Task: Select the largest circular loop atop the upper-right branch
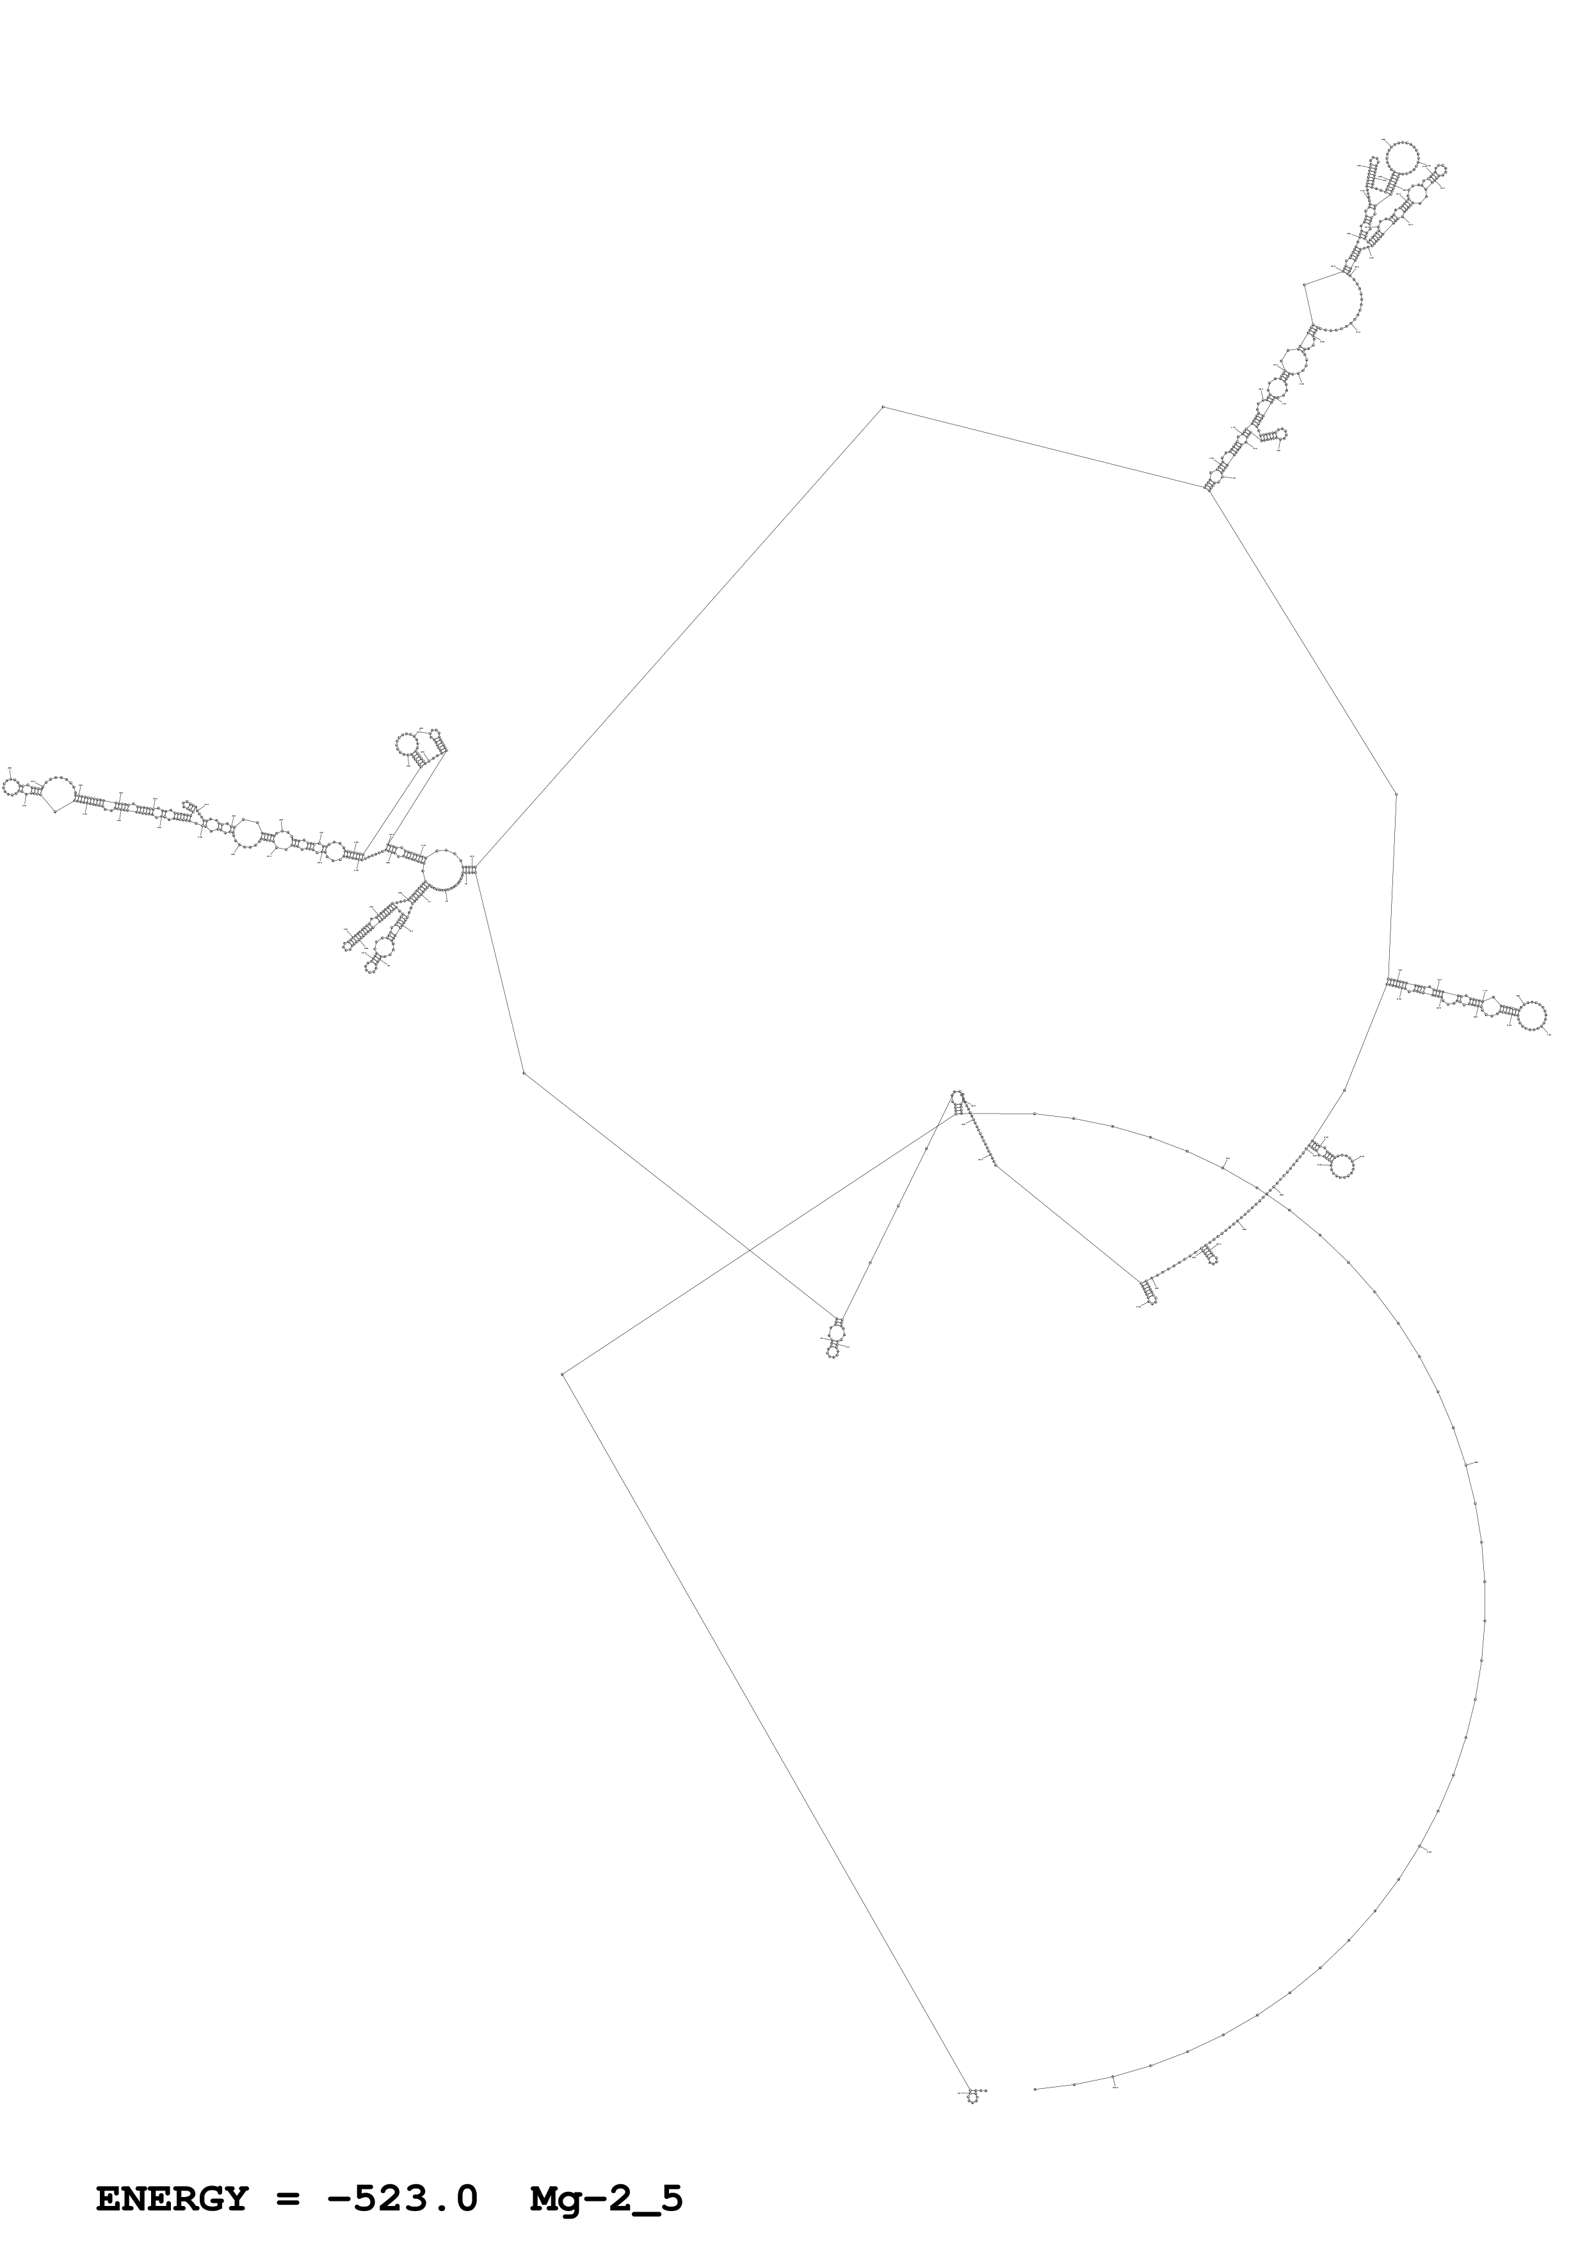coord(1402,156)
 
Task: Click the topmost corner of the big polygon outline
coord(883,406)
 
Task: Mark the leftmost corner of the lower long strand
coord(563,1374)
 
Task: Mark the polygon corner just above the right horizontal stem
coord(1396,795)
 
